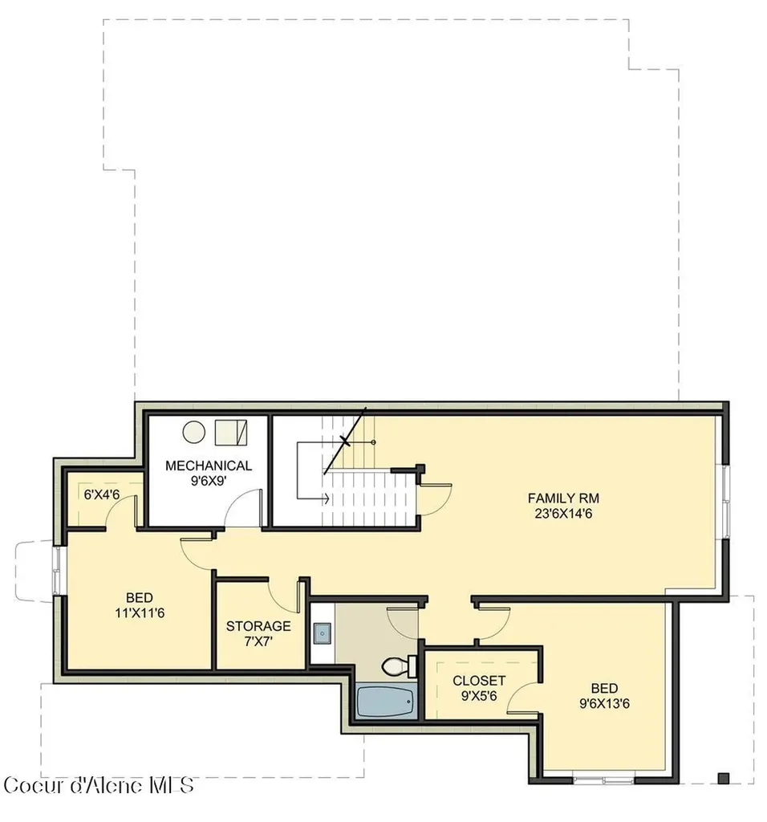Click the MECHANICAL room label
[x=209, y=466]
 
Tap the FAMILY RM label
[x=563, y=498]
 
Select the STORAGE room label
[x=258, y=626]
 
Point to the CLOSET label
[x=479, y=681]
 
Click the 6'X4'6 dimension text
[x=102, y=494]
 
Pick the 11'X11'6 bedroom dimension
[x=140, y=612]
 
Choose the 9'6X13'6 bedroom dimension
[x=604, y=703]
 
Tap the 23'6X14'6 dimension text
[x=563, y=514]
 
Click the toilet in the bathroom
[x=400, y=665]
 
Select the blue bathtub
[x=386, y=702]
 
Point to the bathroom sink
[x=323, y=633]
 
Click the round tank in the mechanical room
[x=194, y=431]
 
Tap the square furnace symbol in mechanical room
[x=231, y=433]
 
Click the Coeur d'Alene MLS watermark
[x=99, y=785]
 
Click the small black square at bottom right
[x=724, y=778]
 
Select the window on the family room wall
[x=725, y=501]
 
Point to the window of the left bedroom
[x=57, y=571]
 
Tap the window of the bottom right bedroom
[x=603, y=780]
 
